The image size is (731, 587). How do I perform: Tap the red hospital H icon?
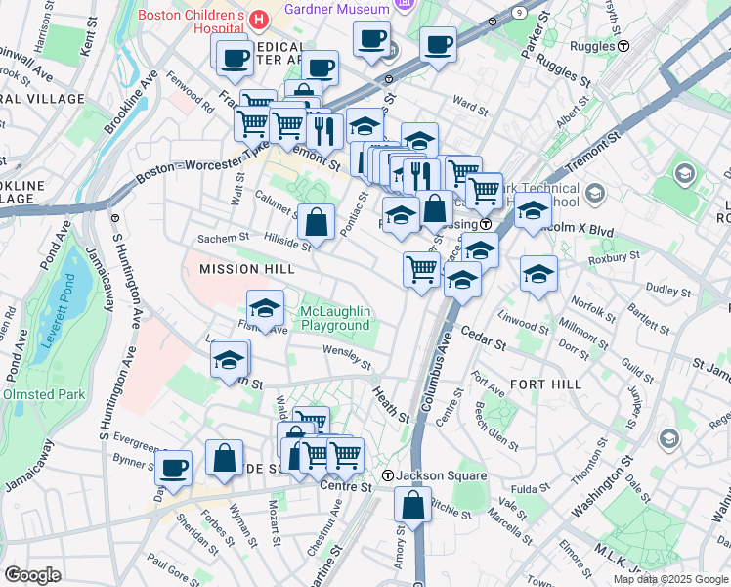[x=258, y=19]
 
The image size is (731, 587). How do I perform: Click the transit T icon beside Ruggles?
[x=623, y=45]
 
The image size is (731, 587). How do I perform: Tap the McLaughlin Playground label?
[x=335, y=318]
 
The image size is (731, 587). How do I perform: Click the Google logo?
[x=32, y=574]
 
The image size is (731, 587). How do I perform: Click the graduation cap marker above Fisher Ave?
[x=265, y=309]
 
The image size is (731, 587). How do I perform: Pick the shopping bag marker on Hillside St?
[x=316, y=222]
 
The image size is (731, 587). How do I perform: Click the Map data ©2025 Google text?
[x=670, y=579]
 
